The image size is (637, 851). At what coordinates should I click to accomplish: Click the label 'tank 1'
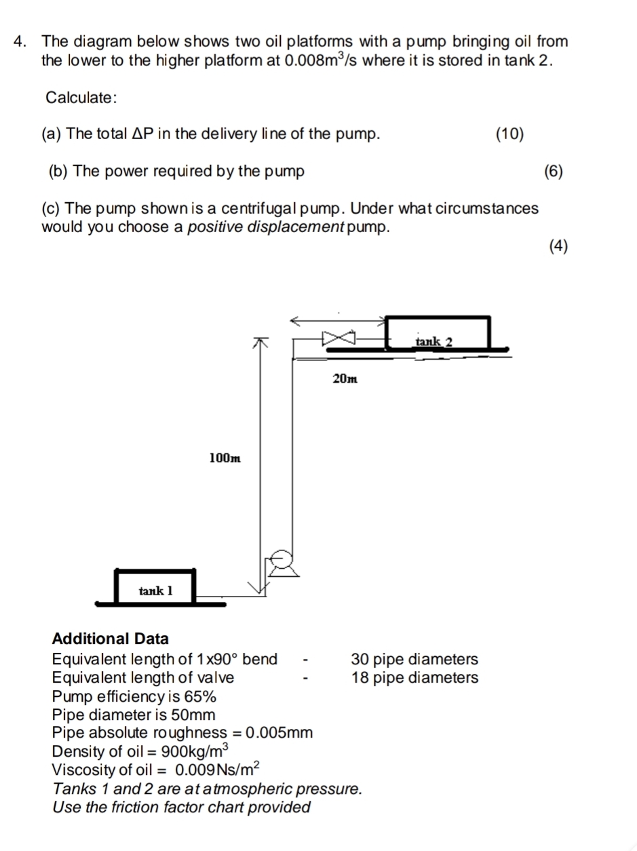click(155, 590)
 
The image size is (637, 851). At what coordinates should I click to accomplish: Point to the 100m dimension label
click(225, 459)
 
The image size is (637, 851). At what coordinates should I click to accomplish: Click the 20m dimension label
click(345, 379)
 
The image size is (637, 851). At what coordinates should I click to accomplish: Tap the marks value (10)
click(509, 134)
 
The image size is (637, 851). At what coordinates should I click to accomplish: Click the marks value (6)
click(554, 171)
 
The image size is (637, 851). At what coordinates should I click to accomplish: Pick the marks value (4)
click(558, 246)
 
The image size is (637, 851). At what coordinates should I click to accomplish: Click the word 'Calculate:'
click(81, 98)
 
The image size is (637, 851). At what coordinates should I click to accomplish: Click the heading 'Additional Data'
click(111, 639)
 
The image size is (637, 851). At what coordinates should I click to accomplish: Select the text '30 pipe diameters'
click(414, 659)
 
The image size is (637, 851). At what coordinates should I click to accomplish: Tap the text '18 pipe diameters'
click(414, 677)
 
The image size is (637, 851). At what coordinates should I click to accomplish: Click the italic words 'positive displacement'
click(265, 227)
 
